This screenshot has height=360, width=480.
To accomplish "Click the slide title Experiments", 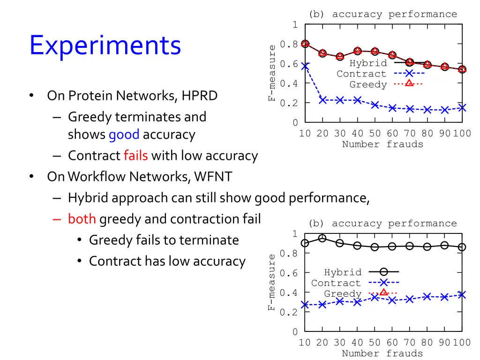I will click(105, 46).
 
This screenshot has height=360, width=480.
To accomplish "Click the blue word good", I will click(124, 135).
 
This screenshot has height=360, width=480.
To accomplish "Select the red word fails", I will click(136, 156).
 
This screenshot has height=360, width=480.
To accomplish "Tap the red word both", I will click(82, 219).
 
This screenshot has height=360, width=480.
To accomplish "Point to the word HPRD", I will click(200, 96).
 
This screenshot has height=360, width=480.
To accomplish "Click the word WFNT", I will click(213, 177).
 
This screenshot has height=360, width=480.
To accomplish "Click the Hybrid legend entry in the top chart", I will click(362, 63).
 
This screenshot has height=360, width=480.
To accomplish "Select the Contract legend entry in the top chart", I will click(361, 74).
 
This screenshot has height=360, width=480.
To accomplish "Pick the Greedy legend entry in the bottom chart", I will click(343, 294).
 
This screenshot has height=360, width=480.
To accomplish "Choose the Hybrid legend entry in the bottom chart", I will click(343, 272).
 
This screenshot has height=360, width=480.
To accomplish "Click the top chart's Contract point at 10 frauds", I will click(305, 67).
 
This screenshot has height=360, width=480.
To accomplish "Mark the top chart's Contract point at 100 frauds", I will click(462, 108).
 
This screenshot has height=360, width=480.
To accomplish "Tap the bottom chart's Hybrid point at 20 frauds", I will click(322, 238).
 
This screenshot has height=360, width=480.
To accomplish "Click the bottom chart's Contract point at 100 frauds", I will click(462, 295).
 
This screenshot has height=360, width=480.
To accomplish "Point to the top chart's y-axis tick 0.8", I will click(289, 45).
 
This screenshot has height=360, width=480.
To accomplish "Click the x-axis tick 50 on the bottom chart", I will click(375, 343).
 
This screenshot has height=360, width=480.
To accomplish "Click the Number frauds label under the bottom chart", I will click(382, 353).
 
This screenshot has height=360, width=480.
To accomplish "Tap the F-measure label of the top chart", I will click(272, 73).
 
